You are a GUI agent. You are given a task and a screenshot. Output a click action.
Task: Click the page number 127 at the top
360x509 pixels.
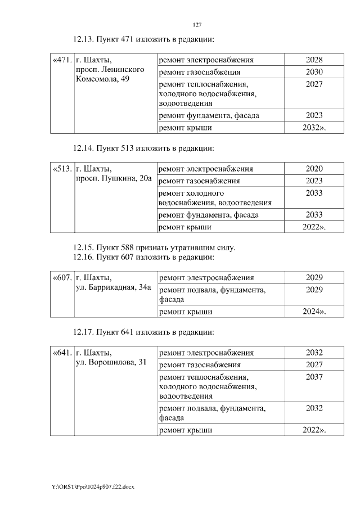[x=197, y=25]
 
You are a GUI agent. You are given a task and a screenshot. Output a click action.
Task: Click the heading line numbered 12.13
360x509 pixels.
[x=144, y=39]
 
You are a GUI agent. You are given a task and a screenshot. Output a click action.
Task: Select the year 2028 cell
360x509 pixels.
[x=314, y=60]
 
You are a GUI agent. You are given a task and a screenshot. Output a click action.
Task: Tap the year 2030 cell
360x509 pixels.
[x=314, y=73]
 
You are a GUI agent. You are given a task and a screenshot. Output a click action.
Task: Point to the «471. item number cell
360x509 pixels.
[x=62, y=60]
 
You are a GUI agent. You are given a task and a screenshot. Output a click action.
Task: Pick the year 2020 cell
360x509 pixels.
[x=314, y=169]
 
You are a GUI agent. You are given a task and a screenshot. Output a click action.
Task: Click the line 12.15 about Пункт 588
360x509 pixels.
[x=154, y=247]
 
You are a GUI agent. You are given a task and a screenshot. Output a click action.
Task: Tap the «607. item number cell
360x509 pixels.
[x=62, y=277]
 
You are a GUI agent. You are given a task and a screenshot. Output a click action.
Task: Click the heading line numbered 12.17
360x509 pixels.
[x=144, y=332]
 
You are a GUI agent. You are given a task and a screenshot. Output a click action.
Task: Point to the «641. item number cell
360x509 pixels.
[x=62, y=353]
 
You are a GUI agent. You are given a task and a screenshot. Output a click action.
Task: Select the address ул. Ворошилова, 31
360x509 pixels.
[x=111, y=363]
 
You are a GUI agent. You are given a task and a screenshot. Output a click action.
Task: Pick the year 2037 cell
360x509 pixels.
[x=314, y=377]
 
